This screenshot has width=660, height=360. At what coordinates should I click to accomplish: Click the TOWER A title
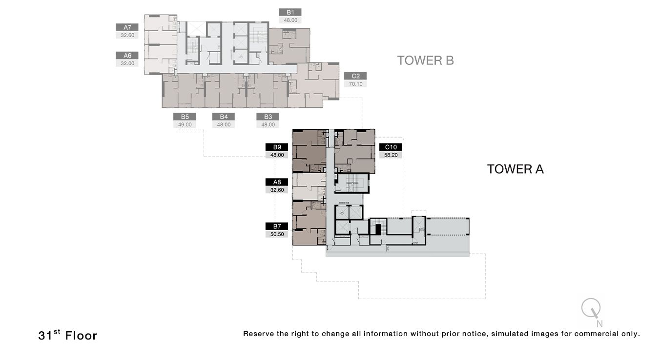[515, 169]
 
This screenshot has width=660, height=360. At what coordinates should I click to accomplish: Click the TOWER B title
[425, 60]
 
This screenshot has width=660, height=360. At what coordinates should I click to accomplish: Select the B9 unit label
[277, 147]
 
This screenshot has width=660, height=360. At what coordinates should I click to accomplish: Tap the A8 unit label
[277, 182]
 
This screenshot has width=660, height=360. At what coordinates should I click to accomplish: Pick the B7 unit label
[277, 226]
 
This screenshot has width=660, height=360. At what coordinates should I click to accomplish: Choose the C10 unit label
[391, 147]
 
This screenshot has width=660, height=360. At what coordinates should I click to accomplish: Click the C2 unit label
[355, 76]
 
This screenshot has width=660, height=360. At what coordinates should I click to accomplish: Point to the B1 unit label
[290, 12]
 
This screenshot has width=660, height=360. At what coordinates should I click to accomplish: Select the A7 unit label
[127, 27]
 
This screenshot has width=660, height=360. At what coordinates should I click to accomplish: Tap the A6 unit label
[127, 56]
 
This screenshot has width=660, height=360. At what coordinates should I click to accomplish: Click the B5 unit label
[185, 117]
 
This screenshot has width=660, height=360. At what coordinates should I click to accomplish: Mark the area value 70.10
[355, 84]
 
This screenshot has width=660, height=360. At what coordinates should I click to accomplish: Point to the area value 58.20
[391, 155]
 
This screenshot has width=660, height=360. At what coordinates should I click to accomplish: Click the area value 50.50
[277, 235]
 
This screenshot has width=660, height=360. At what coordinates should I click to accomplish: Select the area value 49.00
[185, 124]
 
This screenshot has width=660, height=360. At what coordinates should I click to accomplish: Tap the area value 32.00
[127, 63]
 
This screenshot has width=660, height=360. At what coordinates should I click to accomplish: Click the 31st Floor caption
[67, 335]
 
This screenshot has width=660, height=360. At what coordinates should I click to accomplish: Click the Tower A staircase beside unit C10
[350, 183]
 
